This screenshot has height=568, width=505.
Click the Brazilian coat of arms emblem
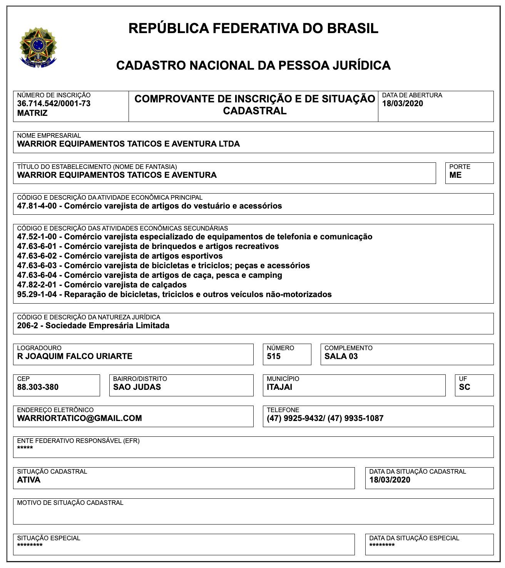tap(38, 47)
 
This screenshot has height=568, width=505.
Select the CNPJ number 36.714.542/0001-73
tap(54, 104)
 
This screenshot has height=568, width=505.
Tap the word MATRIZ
tap(32, 113)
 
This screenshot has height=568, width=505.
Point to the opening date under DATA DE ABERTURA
tap(403, 104)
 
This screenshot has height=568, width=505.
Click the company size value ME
tap(455, 175)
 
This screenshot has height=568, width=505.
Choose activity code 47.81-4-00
tap(37, 206)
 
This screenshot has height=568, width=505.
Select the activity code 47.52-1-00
tap(37, 237)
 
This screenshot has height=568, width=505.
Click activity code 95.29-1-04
tap(37, 294)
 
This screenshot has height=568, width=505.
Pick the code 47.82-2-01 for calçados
tap(37, 285)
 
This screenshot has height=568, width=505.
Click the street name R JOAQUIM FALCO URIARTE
tap(75, 356)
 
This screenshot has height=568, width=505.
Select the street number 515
tap(274, 356)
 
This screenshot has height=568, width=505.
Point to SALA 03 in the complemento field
tap(341, 356)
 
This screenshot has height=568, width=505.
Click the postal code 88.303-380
tap(38, 387)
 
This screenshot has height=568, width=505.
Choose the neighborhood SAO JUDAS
tap(137, 387)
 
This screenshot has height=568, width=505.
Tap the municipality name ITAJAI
tap(279, 387)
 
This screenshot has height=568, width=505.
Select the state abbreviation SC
tap(465, 387)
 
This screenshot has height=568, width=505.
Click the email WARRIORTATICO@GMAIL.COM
tap(80, 418)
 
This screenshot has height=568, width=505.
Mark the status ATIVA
tap(29, 480)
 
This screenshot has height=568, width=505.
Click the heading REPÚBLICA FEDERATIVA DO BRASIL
tap(253, 28)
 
